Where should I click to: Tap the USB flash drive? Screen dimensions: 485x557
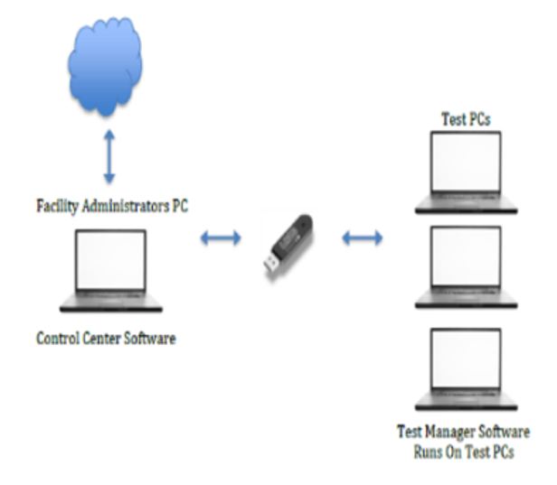290,240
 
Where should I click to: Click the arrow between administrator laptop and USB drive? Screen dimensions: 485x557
221,238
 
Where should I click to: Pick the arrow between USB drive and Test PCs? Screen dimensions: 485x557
362,239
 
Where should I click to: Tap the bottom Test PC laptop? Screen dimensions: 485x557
467,370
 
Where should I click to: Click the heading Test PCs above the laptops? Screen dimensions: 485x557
467,119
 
